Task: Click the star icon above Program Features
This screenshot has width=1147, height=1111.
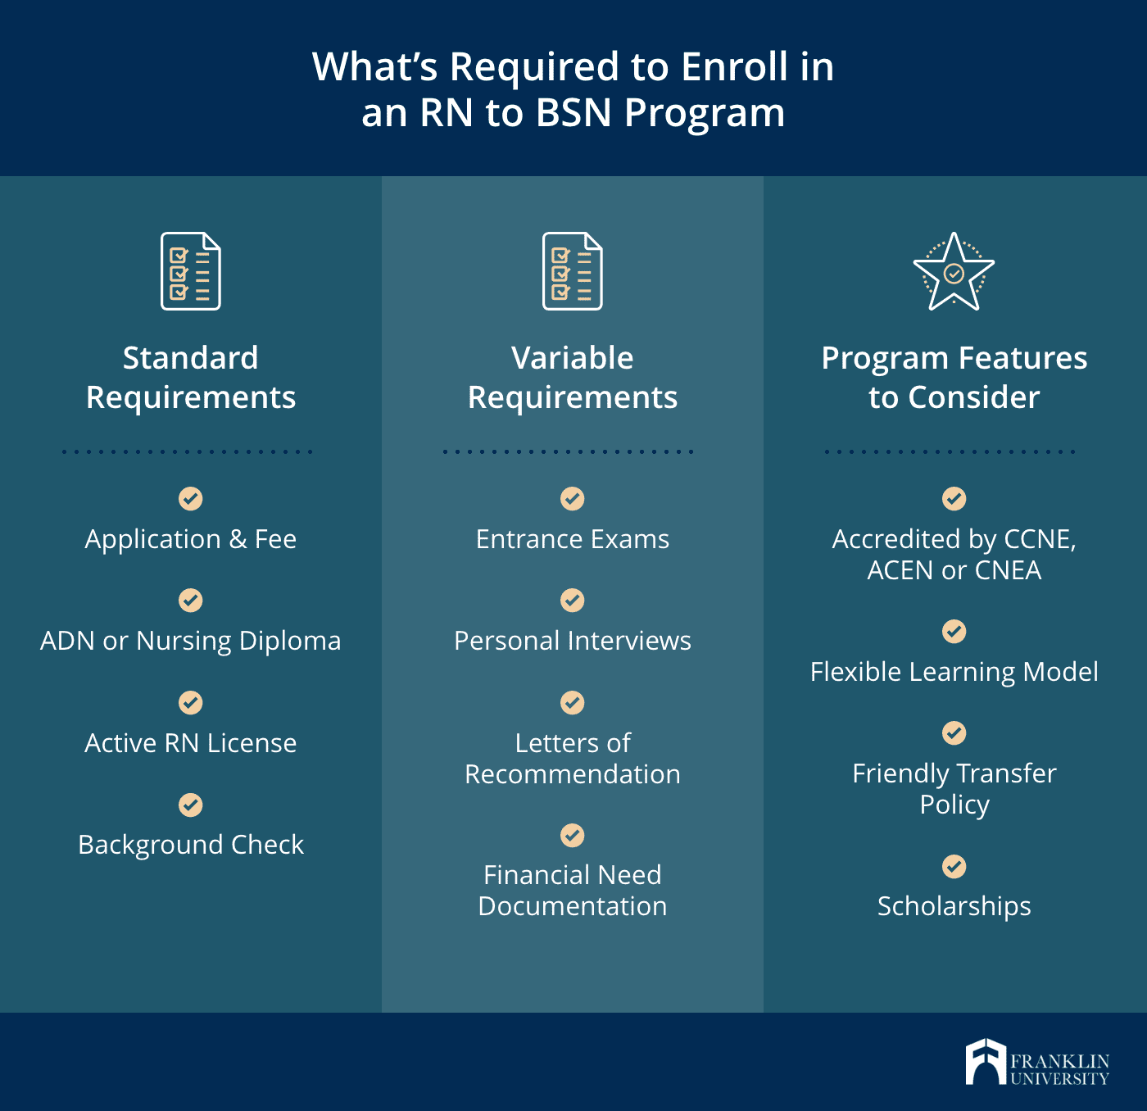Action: (x=954, y=272)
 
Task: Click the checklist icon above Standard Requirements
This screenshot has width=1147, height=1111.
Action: (x=191, y=272)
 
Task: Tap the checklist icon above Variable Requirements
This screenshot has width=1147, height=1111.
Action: (x=573, y=272)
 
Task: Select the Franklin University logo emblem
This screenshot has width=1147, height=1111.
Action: (x=985, y=1062)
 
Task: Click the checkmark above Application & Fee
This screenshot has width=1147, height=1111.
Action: (x=191, y=498)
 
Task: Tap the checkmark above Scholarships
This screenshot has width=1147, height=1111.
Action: (x=954, y=866)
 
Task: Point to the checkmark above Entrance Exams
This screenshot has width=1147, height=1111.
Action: (x=573, y=498)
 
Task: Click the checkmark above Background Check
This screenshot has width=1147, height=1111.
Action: (x=191, y=805)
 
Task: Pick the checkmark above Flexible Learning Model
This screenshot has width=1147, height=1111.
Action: (x=954, y=631)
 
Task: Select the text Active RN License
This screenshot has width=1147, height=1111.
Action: (x=191, y=743)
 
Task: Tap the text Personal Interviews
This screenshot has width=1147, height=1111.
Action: (x=573, y=641)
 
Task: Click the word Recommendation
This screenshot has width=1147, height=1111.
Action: (x=573, y=774)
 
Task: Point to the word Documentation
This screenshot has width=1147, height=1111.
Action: (x=573, y=906)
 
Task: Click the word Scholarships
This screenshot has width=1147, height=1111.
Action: (x=954, y=906)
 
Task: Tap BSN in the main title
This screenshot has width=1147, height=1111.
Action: (x=573, y=113)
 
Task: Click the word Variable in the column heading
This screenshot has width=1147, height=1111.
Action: (x=573, y=358)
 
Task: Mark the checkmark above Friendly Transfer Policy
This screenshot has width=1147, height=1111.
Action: (x=954, y=732)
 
